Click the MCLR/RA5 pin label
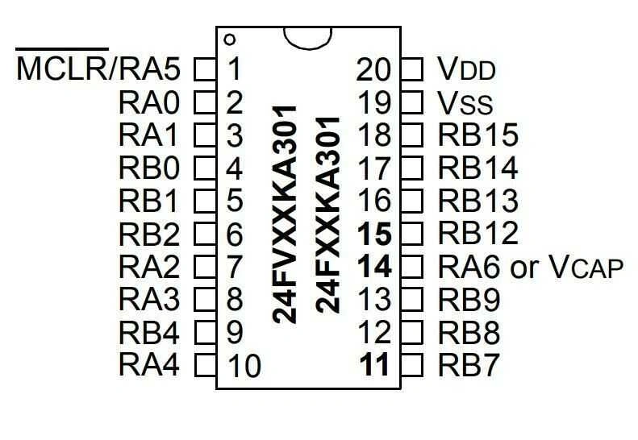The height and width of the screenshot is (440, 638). click(x=98, y=69)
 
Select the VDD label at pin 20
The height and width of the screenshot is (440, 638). click(x=466, y=69)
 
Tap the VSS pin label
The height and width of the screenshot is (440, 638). click(x=465, y=102)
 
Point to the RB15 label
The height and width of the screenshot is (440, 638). click(x=477, y=135)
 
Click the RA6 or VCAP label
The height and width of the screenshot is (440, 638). click(x=531, y=267)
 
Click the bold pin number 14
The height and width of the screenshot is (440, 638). click(x=375, y=267)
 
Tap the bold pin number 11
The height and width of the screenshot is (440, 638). click(x=375, y=365)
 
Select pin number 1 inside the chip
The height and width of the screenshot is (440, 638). click(x=234, y=69)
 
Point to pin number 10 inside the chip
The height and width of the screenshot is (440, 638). click(x=244, y=366)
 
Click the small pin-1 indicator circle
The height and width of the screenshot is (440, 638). click(x=230, y=39)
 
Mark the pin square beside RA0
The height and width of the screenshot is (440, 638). click(x=206, y=102)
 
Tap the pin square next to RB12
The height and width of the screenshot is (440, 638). click(x=412, y=234)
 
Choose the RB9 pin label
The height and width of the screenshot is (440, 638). click(x=469, y=300)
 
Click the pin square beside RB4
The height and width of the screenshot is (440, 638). click(x=206, y=332)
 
